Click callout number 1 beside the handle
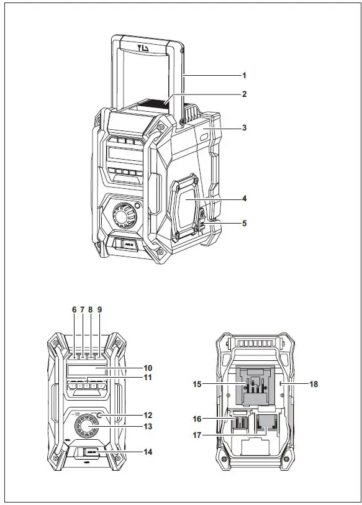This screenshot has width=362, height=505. (245, 75)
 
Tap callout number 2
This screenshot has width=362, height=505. (245, 94)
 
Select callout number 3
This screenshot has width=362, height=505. (245, 128)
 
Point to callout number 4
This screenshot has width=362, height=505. (245, 199)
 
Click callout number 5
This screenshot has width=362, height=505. (245, 222)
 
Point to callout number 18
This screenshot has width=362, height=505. (314, 384)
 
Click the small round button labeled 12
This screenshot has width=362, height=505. (100, 415)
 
